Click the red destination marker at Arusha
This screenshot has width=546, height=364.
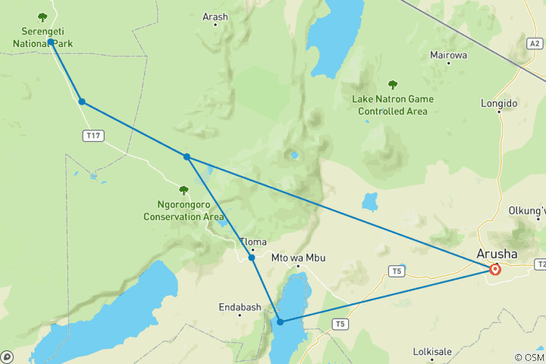(x=495, y=269)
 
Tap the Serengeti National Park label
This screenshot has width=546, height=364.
(x=42, y=38)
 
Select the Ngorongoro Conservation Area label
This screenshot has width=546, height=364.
(x=184, y=210)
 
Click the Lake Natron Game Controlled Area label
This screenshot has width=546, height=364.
(x=393, y=105)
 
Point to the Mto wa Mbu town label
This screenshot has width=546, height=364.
(x=298, y=258)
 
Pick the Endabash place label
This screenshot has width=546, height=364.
(x=240, y=307)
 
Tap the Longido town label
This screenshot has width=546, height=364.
(x=499, y=103)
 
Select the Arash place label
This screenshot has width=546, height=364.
(x=215, y=16)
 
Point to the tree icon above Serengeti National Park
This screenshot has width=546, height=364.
(x=42, y=17)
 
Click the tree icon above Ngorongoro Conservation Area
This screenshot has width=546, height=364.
(x=184, y=190)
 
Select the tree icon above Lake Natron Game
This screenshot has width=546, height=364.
(x=393, y=85)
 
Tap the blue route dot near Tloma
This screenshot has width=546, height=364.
(x=252, y=258)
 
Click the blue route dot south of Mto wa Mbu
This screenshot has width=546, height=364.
(x=281, y=322)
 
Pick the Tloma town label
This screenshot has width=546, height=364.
(x=253, y=243)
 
